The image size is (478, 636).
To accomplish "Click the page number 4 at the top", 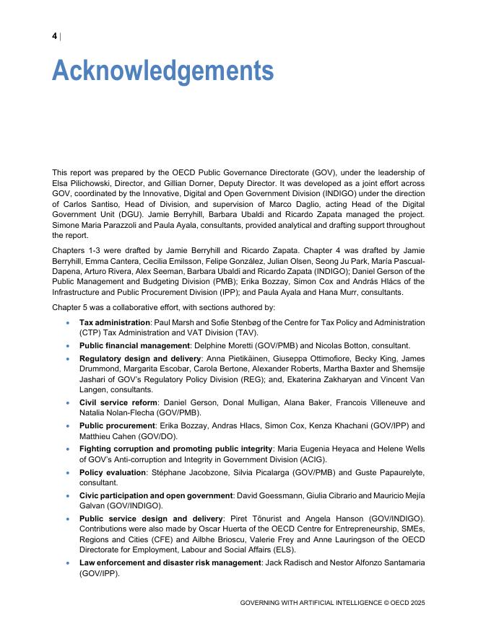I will click(x=55, y=37).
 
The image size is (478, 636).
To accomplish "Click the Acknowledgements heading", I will click(x=162, y=71).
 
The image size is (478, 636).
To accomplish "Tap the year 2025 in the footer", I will click(x=415, y=602).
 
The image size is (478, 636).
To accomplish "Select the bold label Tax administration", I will click(x=114, y=322).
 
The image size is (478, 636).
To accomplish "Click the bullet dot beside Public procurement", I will click(x=68, y=425).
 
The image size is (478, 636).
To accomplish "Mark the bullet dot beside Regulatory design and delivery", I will click(x=68, y=358).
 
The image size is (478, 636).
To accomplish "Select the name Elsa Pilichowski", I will click(x=81, y=184).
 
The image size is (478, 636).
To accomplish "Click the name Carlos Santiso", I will click(x=80, y=205).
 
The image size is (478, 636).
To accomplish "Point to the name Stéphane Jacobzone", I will click(x=182, y=472).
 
